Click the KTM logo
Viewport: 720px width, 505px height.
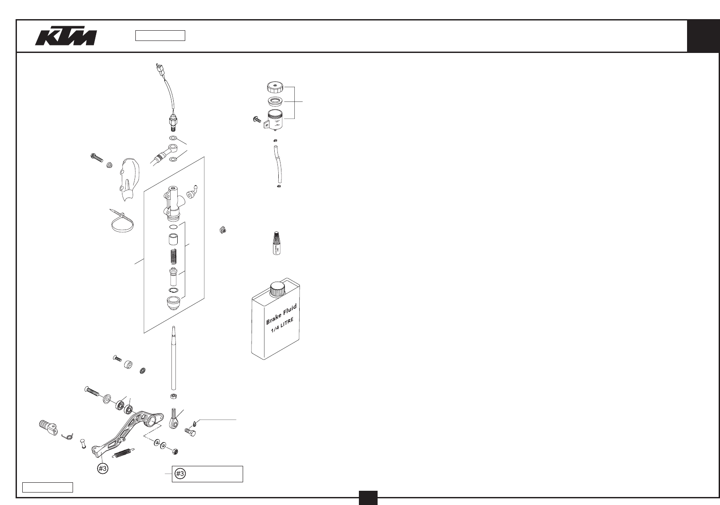(x=65, y=38)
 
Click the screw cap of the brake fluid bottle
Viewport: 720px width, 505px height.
(x=277, y=288)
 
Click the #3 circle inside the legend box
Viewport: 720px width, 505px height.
(x=180, y=474)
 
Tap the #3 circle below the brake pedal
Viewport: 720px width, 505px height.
(x=103, y=469)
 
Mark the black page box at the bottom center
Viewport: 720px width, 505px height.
(x=368, y=497)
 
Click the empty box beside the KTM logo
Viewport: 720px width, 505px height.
(x=160, y=36)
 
